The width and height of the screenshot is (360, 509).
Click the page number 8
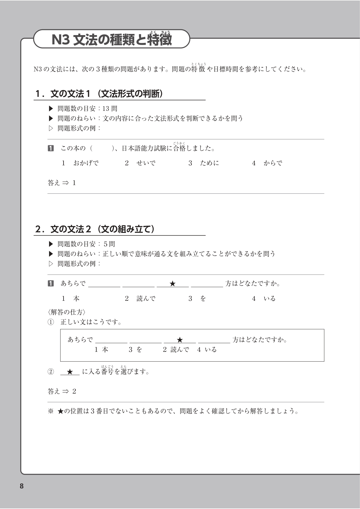click(21, 486)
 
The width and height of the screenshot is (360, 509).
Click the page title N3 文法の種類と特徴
click(112, 40)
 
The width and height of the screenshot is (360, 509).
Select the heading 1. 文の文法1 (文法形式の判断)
click(99, 94)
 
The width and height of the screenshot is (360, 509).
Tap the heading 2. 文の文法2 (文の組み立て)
click(95, 229)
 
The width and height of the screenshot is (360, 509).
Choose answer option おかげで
click(86, 163)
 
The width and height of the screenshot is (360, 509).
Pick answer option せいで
click(146, 163)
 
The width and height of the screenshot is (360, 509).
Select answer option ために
click(209, 163)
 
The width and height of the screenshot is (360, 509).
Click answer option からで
click(273, 163)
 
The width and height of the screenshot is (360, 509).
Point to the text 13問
click(110, 109)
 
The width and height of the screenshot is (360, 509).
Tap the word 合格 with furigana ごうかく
click(179, 148)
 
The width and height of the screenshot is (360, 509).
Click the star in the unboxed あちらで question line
click(173, 284)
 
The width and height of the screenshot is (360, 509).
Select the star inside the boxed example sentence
click(180, 340)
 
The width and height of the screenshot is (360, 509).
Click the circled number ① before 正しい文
click(51, 322)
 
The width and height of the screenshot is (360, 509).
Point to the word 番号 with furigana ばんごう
click(107, 372)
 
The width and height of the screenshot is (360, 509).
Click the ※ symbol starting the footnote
click(51, 411)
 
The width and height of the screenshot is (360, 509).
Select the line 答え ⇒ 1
click(62, 183)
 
